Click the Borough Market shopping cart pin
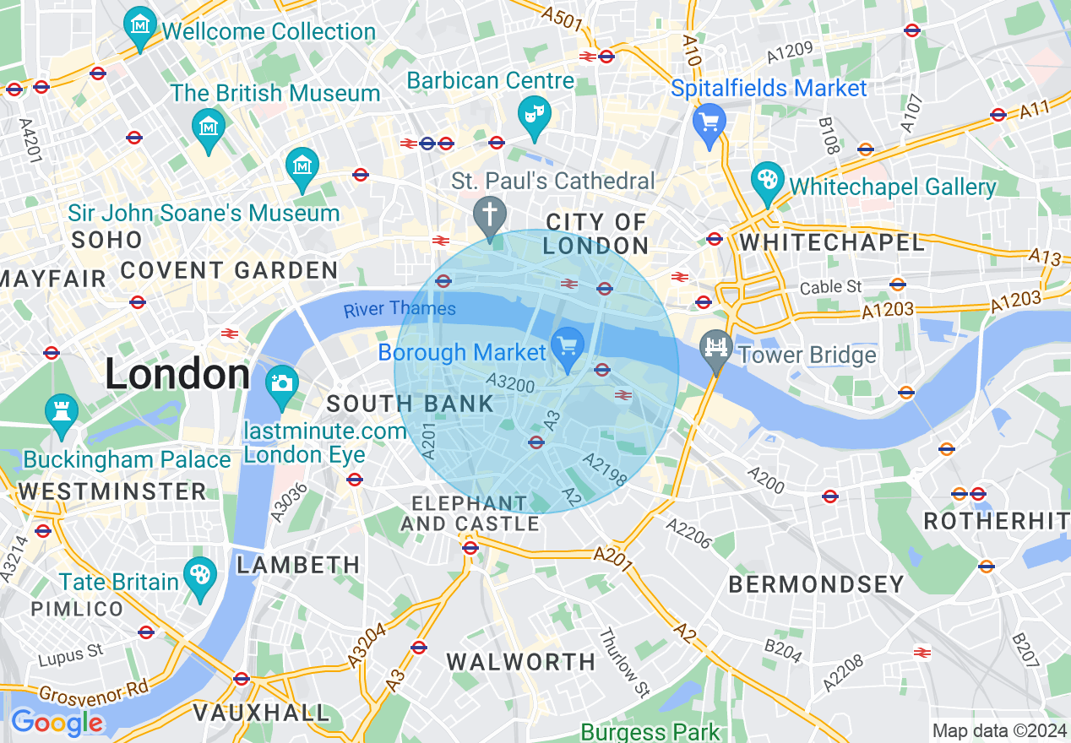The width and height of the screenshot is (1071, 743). coord(568,347)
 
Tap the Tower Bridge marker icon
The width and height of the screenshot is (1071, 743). coord(716,350)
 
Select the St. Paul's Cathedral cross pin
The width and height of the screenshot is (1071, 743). coord(489,216)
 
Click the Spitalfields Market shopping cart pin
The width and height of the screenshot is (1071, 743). coord(709,122)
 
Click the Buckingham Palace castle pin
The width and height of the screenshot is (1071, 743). coord(61,414)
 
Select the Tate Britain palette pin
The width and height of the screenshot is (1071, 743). coord(199,577)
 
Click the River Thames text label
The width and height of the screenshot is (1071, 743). coord(400,309)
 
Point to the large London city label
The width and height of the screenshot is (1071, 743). coord(177,375)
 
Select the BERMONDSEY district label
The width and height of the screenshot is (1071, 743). coord(816,584)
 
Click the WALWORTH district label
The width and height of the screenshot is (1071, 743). coord(521,662)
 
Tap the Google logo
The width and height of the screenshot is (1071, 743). coord(57,723)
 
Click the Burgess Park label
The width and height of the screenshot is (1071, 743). coord(650,732)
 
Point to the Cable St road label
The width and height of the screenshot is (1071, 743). coord(831,287)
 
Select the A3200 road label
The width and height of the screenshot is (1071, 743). coord(511,385)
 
